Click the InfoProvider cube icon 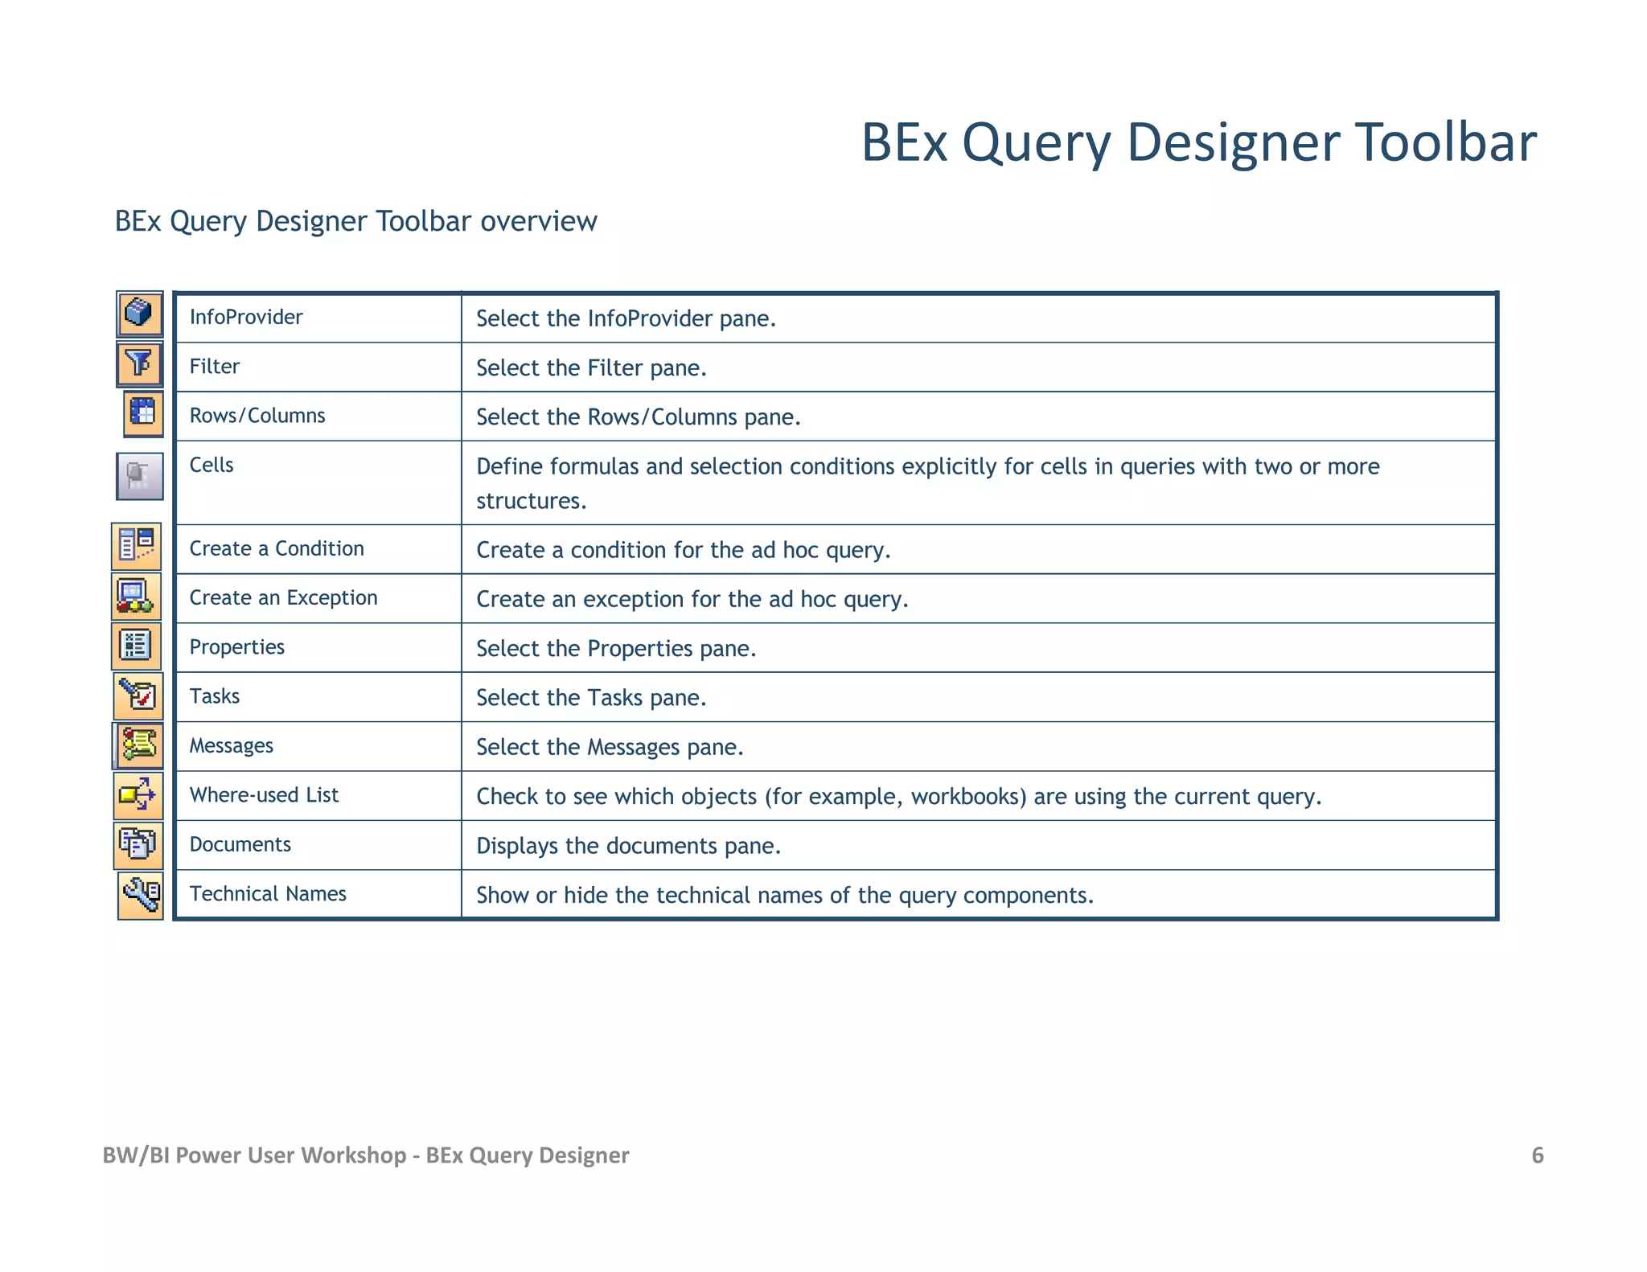pos(139,314)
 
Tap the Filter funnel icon pos(139,364)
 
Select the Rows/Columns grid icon pos(143,414)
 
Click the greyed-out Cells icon pos(140,476)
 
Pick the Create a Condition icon pos(136,546)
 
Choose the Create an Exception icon pos(136,596)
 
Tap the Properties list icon pos(136,646)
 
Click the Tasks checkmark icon pos(138,695)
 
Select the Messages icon pos(138,745)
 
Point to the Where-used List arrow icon pos(138,795)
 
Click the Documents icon pos(138,845)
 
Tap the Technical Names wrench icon pos(141,895)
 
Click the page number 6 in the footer pos(1537,1155)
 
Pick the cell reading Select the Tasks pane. pos(591,698)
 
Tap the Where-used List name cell pos(264,795)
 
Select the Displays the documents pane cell pos(628,846)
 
